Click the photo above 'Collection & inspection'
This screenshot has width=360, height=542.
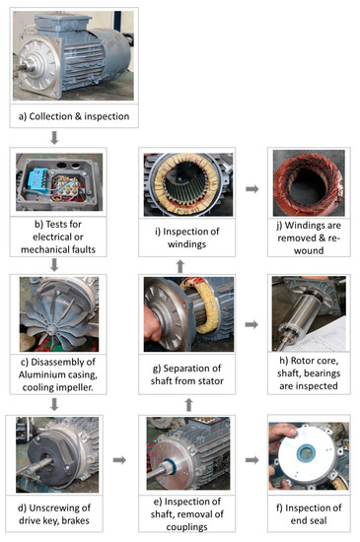70,54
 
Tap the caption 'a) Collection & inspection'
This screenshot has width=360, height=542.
70,117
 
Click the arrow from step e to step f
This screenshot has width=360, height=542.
249,459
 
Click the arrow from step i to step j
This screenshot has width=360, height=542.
249,187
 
